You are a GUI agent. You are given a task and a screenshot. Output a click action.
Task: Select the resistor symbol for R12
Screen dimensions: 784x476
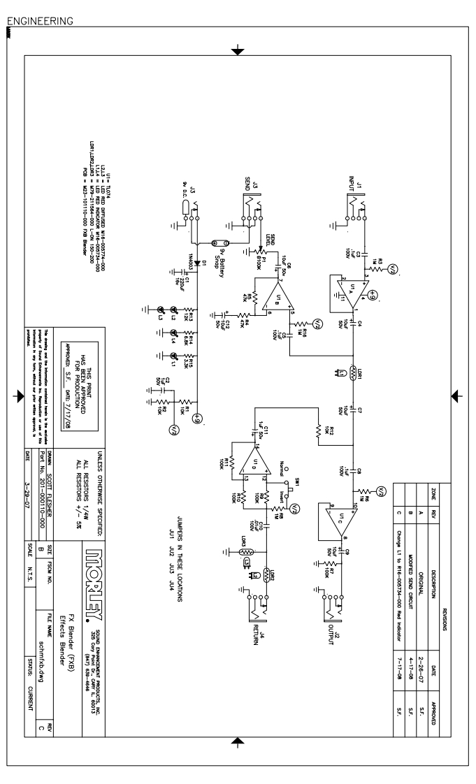pyautogui.click(x=318, y=434)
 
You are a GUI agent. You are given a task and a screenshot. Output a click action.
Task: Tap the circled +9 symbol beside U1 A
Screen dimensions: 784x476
pyautogui.click(x=373, y=294)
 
